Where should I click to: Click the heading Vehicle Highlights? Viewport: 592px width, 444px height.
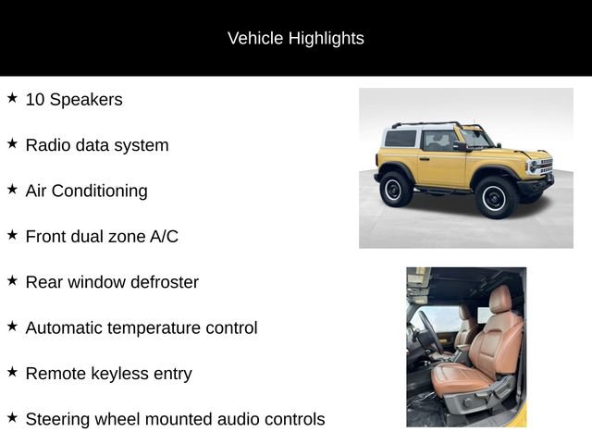[x=296, y=38]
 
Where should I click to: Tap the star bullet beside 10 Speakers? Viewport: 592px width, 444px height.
[x=12, y=98]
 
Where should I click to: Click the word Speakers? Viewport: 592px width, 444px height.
[x=85, y=99]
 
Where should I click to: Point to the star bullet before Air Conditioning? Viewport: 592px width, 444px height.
[x=12, y=189]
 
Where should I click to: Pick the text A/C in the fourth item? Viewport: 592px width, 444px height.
[x=163, y=236]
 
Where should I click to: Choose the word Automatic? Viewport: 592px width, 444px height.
[x=64, y=327]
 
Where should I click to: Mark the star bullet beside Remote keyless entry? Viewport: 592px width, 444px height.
[x=12, y=371]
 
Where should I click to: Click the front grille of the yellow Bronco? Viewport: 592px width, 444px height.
[x=543, y=168]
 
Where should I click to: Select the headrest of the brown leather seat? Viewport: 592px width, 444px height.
[x=499, y=300]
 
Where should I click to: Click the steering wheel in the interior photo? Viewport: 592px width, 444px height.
[x=428, y=332]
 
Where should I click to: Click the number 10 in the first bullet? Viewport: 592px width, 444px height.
[x=34, y=99]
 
